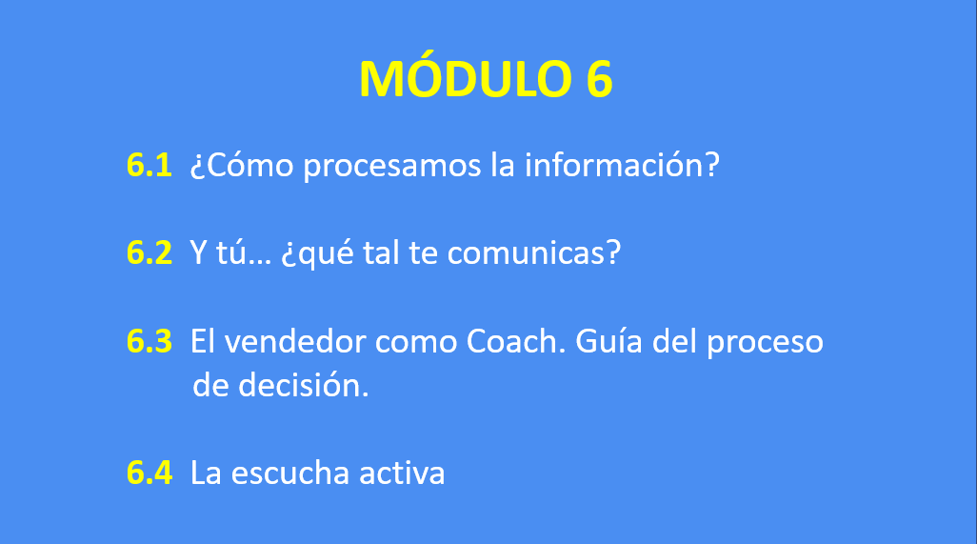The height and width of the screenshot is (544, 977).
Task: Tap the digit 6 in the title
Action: tap(599, 79)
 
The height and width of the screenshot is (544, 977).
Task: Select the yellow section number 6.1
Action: tap(149, 166)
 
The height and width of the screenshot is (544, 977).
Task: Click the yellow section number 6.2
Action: tap(149, 253)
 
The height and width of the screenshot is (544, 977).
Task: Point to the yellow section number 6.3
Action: tap(149, 341)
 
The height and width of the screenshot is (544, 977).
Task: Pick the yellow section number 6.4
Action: tap(149, 473)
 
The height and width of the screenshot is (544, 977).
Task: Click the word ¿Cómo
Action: tap(242, 166)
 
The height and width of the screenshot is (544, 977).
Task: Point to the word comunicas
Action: tap(533, 253)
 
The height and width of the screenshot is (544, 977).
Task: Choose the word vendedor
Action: tap(295, 341)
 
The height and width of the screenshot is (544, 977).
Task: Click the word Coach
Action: tap(516, 341)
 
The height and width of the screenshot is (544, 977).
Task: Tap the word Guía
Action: tap(608, 341)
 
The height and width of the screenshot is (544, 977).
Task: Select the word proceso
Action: tap(766, 344)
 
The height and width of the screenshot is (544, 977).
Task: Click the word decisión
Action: tap(304, 385)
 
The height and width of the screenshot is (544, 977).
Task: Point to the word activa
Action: tap(402, 473)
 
